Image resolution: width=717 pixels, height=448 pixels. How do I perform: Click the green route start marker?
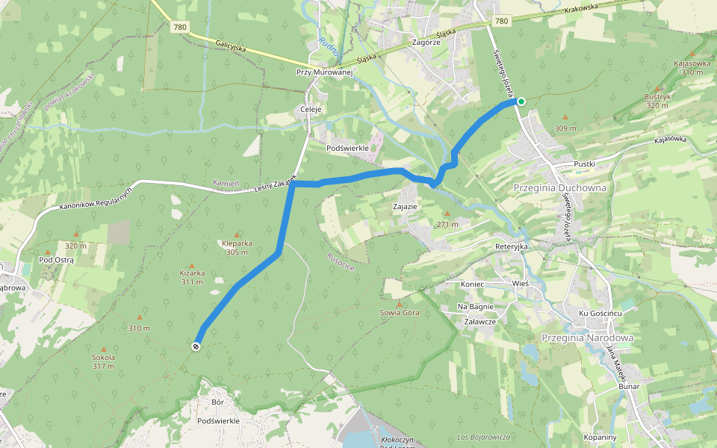tap(521, 102)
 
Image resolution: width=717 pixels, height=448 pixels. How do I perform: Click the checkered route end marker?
tap(196, 346)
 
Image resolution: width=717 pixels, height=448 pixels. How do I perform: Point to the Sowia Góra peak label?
tap(400, 312)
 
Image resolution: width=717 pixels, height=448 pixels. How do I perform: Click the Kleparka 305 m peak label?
tap(237, 247)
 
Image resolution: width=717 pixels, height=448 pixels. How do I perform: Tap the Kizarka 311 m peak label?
tap(192, 277)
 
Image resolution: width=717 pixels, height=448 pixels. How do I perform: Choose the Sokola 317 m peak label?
tap(103, 361)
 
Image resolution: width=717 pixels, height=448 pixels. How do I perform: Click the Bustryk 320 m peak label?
tap(657, 101)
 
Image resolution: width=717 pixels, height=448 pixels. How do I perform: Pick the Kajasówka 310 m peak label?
tap(692, 67)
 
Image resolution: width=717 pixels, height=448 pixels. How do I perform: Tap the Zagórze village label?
tap(426, 43)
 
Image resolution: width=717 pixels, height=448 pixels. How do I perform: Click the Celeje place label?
tap(310, 109)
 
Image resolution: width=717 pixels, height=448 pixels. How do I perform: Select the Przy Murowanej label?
tap(323, 72)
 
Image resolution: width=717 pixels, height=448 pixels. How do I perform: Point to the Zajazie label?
tap(404, 205)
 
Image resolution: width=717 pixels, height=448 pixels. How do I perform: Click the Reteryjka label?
tap(512, 246)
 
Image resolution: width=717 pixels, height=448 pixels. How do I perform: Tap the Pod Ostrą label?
tap(57, 260)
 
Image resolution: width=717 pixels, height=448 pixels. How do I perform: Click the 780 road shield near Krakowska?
tap(501, 21)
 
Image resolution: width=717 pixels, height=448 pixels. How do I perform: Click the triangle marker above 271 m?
tap(447, 214)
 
